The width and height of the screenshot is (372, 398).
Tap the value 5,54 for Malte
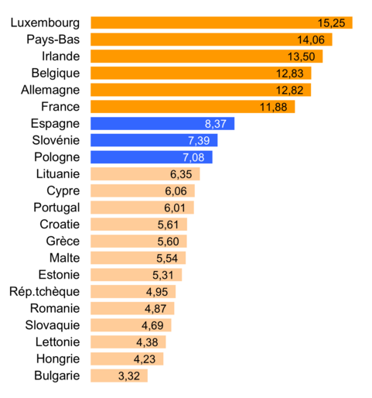coord(169,258)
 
